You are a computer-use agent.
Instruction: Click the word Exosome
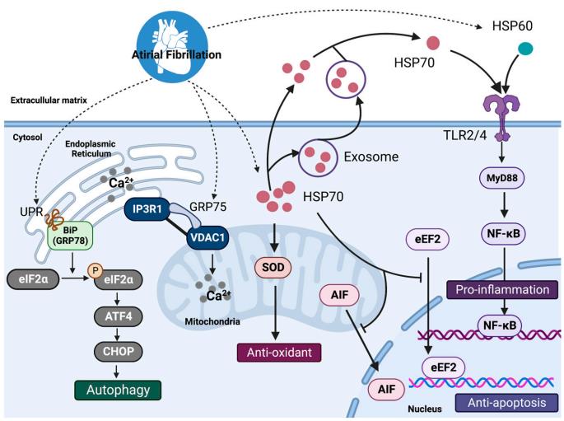(x=371, y=156)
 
